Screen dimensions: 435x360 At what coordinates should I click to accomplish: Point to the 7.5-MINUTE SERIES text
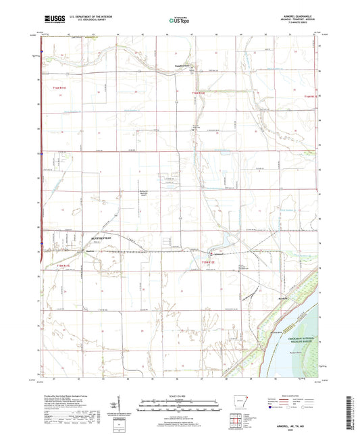pyautogui.click(x=298, y=26)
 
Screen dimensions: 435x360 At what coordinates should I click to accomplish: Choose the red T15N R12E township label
pyautogui.click(x=210, y=263)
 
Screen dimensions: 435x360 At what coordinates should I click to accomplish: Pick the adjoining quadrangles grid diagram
pyautogui.click(x=234, y=422)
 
